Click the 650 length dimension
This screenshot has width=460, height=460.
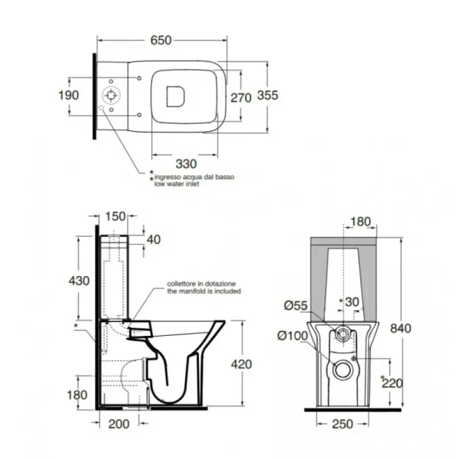pyautogui.click(x=161, y=40)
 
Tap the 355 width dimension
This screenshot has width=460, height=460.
pyautogui.click(x=267, y=96)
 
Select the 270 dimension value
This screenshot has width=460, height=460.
pyautogui.click(x=241, y=98)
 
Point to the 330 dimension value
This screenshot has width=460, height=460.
pyautogui.click(x=186, y=164)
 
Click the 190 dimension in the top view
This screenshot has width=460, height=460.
pyautogui.click(x=68, y=96)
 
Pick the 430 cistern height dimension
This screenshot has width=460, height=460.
pyautogui.click(x=79, y=281)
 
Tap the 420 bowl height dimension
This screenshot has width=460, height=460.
pyautogui.click(x=241, y=364)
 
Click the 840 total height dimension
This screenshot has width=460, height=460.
pyautogui.click(x=400, y=328)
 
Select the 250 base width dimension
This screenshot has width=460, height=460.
pyautogui.click(x=342, y=424)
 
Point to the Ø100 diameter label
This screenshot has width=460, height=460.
pyautogui.click(x=292, y=336)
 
